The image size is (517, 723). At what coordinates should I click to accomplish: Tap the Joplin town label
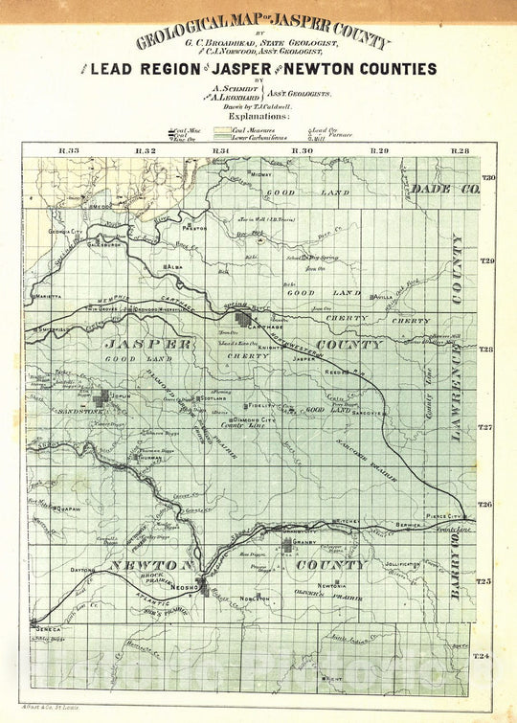point(122,394)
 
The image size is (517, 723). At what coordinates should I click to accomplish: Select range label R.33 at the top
point(67,151)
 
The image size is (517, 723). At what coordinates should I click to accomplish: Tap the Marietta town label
point(59,296)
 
